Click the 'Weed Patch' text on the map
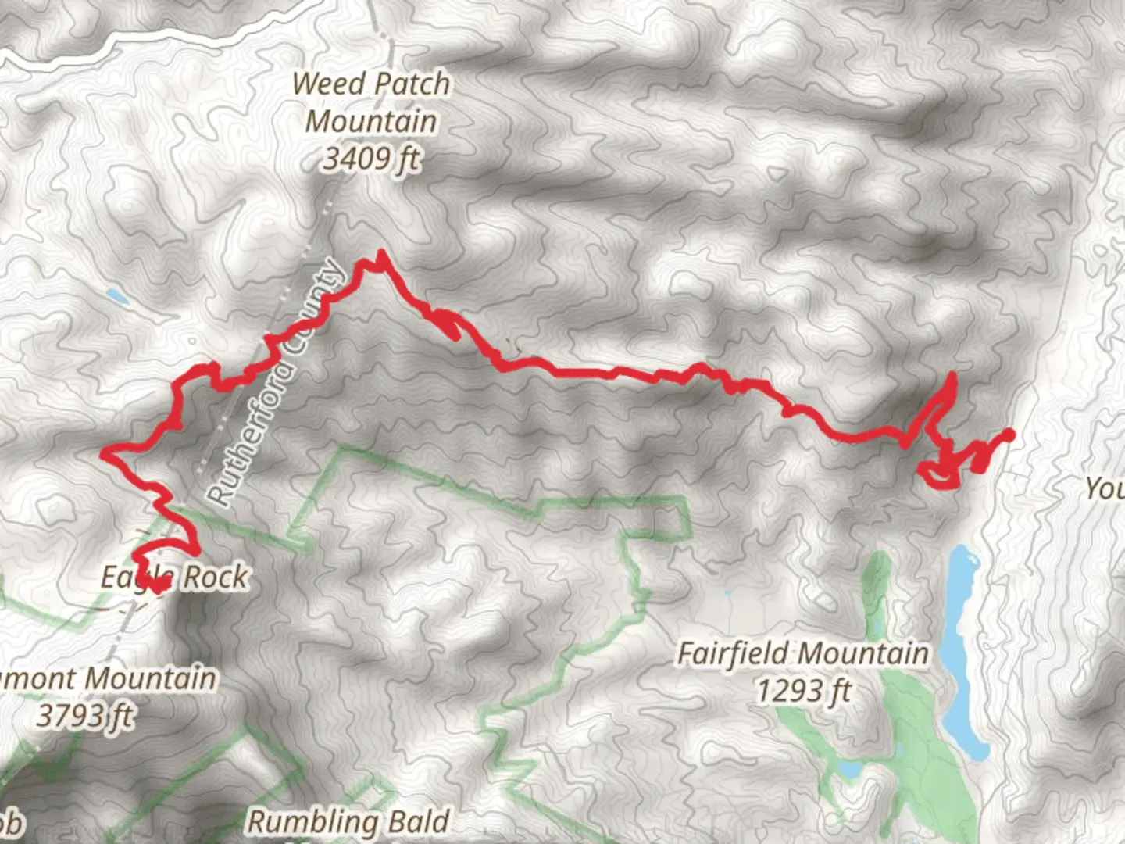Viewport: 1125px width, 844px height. pyautogui.click(x=371, y=84)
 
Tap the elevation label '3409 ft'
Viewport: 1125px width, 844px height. pyautogui.click(x=371, y=159)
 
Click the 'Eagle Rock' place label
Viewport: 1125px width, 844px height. pyautogui.click(x=174, y=578)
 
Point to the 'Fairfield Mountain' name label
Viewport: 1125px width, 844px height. pyautogui.click(x=803, y=653)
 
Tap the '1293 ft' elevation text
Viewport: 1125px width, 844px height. pyautogui.click(x=803, y=691)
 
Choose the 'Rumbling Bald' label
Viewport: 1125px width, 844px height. pyautogui.click(x=348, y=821)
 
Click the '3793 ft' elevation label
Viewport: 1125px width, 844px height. pyautogui.click(x=86, y=715)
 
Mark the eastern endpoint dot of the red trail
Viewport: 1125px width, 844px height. pyautogui.click(x=1008, y=435)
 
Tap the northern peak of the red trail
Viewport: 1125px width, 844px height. pyautogui.click(x=380, y=254)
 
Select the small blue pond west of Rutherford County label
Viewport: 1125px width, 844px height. pyautogui.click(x=117, y=295)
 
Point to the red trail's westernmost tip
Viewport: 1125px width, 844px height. pyautogui.click(x=105, y=452)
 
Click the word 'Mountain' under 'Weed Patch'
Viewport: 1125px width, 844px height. pyautogui.click(x=371, y=122)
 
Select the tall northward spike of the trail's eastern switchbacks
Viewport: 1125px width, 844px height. pyautogui.click(x=952, y=378)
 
